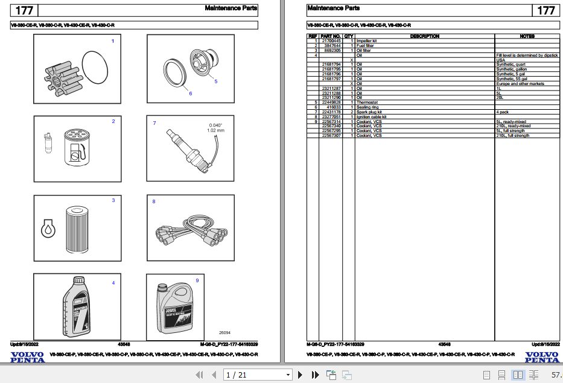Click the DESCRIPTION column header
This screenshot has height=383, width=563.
424,36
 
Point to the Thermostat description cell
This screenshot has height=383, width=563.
368,103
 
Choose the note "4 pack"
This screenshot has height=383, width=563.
503,112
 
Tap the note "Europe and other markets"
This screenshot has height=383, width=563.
520,84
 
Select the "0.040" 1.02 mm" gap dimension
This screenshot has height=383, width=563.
215,127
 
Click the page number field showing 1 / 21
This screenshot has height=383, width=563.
256,375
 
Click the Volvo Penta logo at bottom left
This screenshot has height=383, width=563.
27,357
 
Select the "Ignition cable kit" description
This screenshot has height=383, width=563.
371,117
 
